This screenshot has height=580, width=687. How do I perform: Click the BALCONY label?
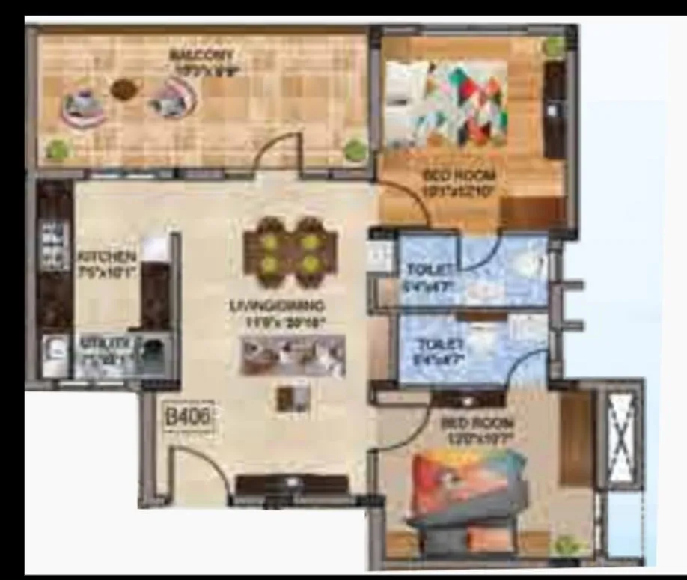tap(201, 55)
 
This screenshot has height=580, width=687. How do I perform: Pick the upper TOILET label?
tap(429, 270)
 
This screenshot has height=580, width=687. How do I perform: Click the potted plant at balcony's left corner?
tap(58, 149)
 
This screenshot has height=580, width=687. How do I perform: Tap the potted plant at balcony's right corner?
tap(354, 149)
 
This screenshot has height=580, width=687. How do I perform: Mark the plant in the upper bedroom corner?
tap(555, 46)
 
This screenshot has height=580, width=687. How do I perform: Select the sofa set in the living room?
tap(292, 355)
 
